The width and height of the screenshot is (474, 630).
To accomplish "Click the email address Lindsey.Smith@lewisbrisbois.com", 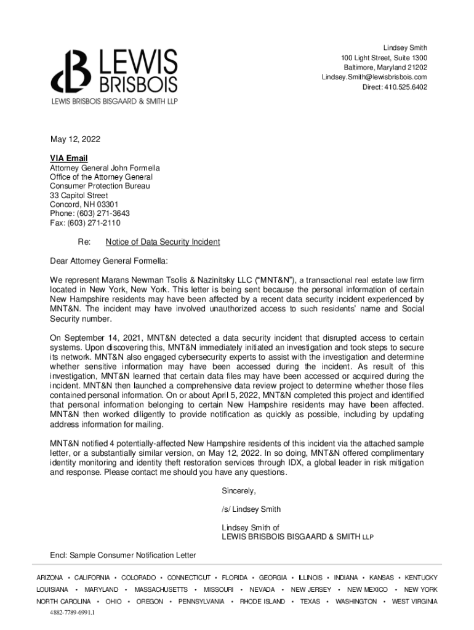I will [x=374, y=77].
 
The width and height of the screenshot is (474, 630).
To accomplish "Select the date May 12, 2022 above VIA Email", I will [x=74, y=140].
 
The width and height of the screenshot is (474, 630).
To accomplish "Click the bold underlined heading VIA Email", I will [x=69, y=159].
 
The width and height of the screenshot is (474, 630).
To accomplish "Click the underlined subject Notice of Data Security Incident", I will [x=163, y=242].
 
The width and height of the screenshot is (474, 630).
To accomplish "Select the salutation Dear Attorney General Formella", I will [x=108, y=260].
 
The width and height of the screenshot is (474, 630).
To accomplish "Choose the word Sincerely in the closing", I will [x=238, y=491].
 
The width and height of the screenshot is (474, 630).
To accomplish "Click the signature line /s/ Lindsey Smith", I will [x=251, y=509].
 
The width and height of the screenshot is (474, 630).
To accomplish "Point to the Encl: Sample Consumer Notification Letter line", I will [x=123, y=556].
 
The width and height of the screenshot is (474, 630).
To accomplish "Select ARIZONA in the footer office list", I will [x=50, y=578].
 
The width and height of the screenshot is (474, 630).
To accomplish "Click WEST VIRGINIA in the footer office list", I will [x=415, y=601].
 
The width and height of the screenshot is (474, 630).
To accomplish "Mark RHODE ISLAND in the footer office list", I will [x=262, y=601].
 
